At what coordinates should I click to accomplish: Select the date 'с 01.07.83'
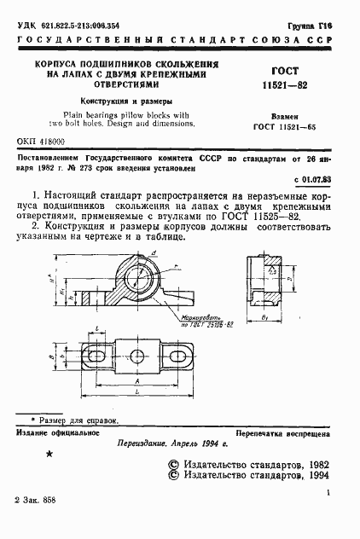pos(316,180)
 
